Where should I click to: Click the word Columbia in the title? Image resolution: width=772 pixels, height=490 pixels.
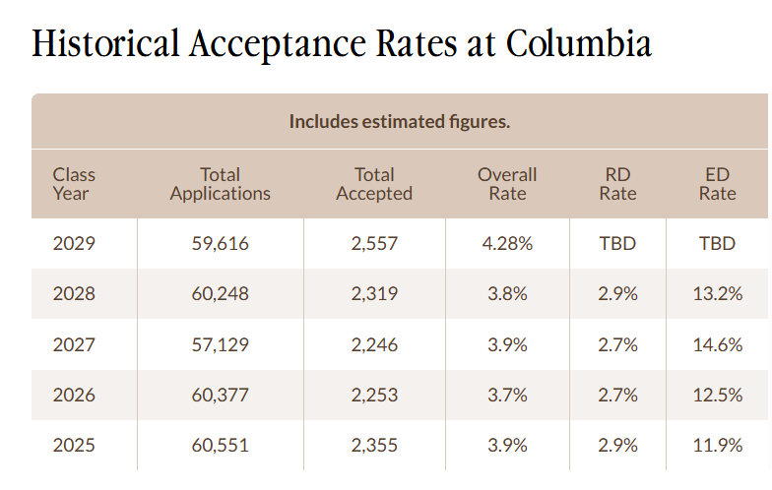pyautogui.click(x=578, y=44)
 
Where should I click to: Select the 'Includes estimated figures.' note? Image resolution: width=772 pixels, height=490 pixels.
pyautogui.click(x=399, y=122)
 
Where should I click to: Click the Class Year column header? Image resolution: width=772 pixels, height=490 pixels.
pyautogui.click(x=74, y=184)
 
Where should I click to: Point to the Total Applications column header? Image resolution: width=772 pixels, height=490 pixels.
pyautogui.click(x=220, y=184)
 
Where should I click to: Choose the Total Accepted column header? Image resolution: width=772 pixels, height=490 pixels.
pyautogui.click(x=374, y=184)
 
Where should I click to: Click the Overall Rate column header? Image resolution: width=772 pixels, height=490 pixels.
pyautogui.click(x=507, y=184)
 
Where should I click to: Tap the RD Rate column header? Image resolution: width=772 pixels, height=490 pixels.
pyautogui.click(x=617, y=184)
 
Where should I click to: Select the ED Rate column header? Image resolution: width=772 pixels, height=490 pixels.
pyautogui.click(x=717, y=184)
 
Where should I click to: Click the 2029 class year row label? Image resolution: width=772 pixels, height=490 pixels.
pyautogui.click(x=74, y=243)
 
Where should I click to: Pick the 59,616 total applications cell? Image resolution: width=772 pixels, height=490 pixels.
pyautogui.click(x=220, y=243)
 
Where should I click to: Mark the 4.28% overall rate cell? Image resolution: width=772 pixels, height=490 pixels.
pyautogui.click(x=507, y=243)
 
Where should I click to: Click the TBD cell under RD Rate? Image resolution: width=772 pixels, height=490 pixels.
pyautogui.click(x=617, y=243)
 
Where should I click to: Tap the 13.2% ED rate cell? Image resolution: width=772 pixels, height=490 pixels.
pyautogui.click(x=717, y=293)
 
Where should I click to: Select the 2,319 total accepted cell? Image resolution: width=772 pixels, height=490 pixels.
pyautogui.click(x=374, y=293)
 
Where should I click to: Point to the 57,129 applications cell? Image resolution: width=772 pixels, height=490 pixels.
pyautogui.click(x=220, y=344)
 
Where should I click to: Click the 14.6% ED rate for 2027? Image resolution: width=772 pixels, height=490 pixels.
pyautogui.click(x=717, y=344)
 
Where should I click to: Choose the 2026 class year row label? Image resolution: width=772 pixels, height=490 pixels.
pyautogui.click(x=74, y=395)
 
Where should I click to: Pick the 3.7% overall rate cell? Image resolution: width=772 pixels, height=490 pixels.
pyautogui.click(x=507, y=395)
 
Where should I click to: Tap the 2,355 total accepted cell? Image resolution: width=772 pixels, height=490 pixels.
pyautogui.click(x=374, y=446)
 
